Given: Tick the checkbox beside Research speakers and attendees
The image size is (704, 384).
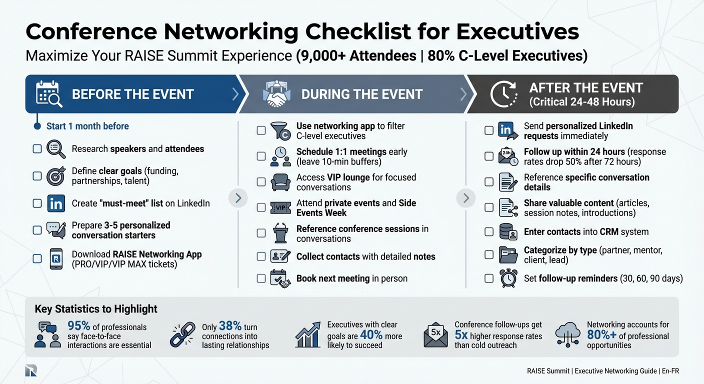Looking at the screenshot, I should (37, 149).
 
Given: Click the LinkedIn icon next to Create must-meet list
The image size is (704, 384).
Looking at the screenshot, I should (55, 203).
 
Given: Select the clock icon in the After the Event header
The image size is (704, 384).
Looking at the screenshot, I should (503, 94).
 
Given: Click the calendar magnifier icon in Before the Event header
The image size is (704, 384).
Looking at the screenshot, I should (49, 94).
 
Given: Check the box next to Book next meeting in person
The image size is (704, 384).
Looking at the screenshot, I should (261, 278).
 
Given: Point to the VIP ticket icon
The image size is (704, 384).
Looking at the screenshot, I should (280, 208).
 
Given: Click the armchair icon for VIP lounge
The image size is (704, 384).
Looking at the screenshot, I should (280, 182).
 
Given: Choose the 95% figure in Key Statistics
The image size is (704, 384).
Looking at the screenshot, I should (79, 326).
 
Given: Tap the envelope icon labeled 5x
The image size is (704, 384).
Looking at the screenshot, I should (435, 334).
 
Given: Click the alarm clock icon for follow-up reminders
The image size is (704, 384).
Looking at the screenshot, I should (508, 278).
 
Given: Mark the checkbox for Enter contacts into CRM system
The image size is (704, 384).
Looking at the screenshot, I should (489, 232).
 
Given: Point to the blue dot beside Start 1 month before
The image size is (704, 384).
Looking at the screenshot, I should (37, 126).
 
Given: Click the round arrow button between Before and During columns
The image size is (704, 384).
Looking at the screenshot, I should (238, 198).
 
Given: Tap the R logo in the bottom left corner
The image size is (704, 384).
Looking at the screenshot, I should (31, 370).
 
